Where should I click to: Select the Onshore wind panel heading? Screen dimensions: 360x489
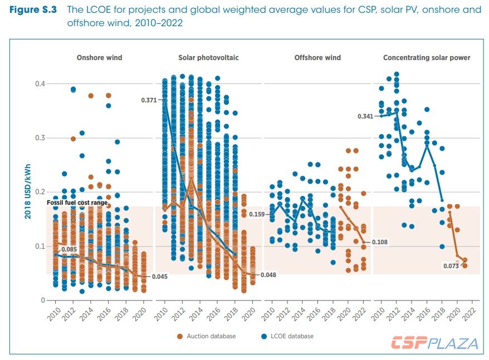(99, 58)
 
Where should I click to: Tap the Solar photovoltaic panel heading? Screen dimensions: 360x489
(208, 58)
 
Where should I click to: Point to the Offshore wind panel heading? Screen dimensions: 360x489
(317, 58)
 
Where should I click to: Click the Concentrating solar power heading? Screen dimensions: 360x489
(427, 58)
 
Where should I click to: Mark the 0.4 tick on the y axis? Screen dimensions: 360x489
(37, 83)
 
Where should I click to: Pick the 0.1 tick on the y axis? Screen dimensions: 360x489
(37, 246)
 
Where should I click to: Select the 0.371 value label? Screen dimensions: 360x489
(149, 100)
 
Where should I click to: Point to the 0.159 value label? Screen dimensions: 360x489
(257, 214)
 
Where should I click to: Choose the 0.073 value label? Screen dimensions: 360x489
(449, 267)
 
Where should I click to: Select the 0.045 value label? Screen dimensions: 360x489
(159, 277)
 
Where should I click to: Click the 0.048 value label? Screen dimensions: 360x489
(268, 275)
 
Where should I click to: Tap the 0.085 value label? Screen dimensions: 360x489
(69, 249)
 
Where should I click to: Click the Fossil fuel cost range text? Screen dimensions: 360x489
(77, 203)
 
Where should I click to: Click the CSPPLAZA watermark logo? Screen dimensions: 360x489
(434, 343)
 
